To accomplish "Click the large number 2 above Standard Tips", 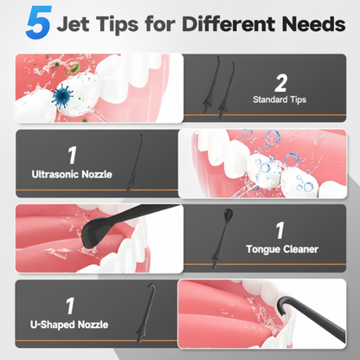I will (x=280, y=83).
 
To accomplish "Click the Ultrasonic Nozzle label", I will (x=72, y=174).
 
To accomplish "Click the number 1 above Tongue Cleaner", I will (x=280, y=230).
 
